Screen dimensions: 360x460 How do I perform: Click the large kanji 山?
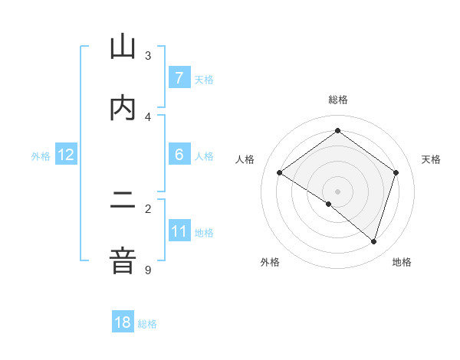(123, 47)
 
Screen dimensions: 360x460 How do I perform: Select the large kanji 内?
(123, 107)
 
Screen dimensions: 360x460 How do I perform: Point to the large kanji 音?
(123, 261)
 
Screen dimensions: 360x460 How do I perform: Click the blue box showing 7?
(179, 77)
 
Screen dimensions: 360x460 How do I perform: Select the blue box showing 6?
(179, 155)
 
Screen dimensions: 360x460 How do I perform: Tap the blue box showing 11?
(179, 231)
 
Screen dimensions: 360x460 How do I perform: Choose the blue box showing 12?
(66, 155)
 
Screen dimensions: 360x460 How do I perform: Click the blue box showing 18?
(123, 322)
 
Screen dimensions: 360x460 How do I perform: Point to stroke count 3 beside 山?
(148, 55)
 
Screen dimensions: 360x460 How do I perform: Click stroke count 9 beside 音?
(148, 270)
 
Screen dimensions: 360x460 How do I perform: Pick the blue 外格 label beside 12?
(41, 155)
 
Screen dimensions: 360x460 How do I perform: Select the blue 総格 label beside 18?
(147, 323)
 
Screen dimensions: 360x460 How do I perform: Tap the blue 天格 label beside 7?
(204, 78)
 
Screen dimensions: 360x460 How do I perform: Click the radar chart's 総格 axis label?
(338, 100)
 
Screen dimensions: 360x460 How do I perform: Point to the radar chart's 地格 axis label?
(402, 262)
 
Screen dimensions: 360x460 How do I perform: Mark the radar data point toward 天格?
(396, 172)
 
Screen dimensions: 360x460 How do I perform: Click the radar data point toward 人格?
(280, 172)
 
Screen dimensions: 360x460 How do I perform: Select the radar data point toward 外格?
(329, 204)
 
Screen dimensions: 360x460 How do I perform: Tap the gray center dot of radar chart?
(338, 191)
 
